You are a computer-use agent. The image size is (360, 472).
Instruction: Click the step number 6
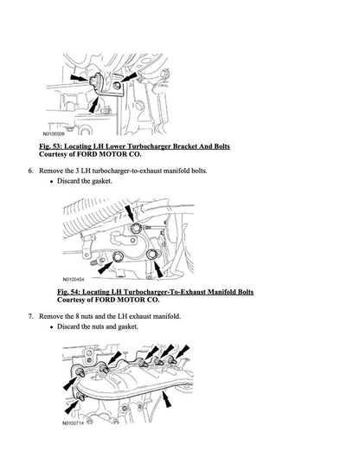tap(30, 171)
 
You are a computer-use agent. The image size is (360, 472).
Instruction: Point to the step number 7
tap(30, 317)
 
